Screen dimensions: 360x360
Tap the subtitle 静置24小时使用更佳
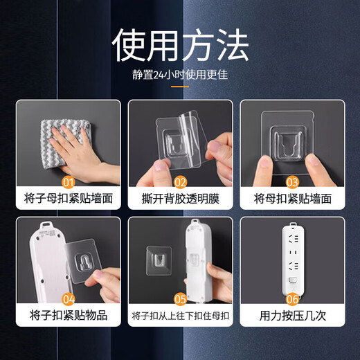pos(180,75)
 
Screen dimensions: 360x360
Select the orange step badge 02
pos(181,183)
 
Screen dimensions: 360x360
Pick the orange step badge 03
pos(292,183)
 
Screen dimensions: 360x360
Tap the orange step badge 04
pos(68,300)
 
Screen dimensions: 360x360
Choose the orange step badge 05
pos(180,300)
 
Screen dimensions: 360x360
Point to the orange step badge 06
pos(292,300)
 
